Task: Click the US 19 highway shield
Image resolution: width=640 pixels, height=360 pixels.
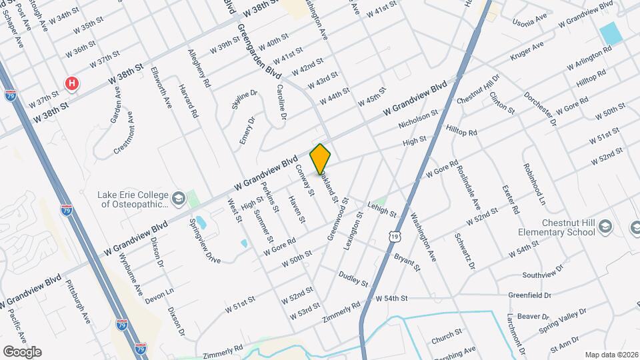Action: [396, 237]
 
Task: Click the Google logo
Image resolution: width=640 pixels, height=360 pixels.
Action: [22, 352]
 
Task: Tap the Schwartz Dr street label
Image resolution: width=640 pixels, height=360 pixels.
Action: [464, 251]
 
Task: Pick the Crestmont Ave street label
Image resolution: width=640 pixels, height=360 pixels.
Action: [125, 136]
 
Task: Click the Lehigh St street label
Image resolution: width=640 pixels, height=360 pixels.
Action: [381, 209]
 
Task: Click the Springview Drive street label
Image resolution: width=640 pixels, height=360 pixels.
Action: [205, 240]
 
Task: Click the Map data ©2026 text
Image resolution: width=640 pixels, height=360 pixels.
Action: [611, 355]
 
